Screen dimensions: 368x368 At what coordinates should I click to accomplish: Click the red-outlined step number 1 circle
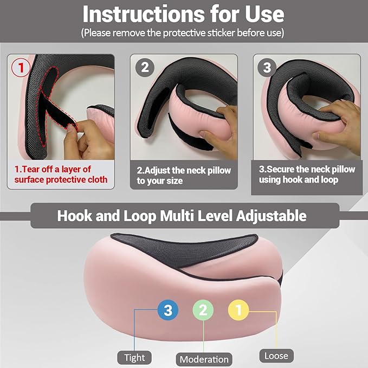(x=21, y=68)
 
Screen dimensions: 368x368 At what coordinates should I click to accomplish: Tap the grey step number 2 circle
(x=145, y=67)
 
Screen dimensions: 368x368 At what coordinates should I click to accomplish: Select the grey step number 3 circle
(x=267, y=67)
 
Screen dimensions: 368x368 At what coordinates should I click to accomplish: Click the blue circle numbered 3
(x=168, y=310)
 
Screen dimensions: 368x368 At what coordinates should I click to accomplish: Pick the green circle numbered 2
(x=203, y=310)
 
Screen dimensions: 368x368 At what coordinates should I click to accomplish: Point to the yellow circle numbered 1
(x=238, y=310)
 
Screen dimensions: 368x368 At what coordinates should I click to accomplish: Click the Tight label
(x=134, y=358)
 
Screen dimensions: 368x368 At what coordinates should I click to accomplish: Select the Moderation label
(x=204, y=359)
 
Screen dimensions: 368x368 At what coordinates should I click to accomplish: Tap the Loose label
(x=276, y=356)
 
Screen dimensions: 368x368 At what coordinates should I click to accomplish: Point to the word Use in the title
(x=264, y=14)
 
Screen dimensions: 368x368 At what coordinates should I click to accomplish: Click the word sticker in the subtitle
(x=221, y=33)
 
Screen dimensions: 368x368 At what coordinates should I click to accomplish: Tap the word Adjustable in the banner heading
(x=272, y=216)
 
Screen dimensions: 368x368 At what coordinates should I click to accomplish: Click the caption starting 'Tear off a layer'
(x=61, y=175)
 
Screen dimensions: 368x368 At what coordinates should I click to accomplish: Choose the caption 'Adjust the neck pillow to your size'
(x=184, y=175)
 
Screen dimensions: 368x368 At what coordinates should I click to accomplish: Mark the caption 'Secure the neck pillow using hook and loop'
(x=307, y=175)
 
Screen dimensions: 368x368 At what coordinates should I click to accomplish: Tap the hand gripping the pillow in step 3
(x=337, y=126)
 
